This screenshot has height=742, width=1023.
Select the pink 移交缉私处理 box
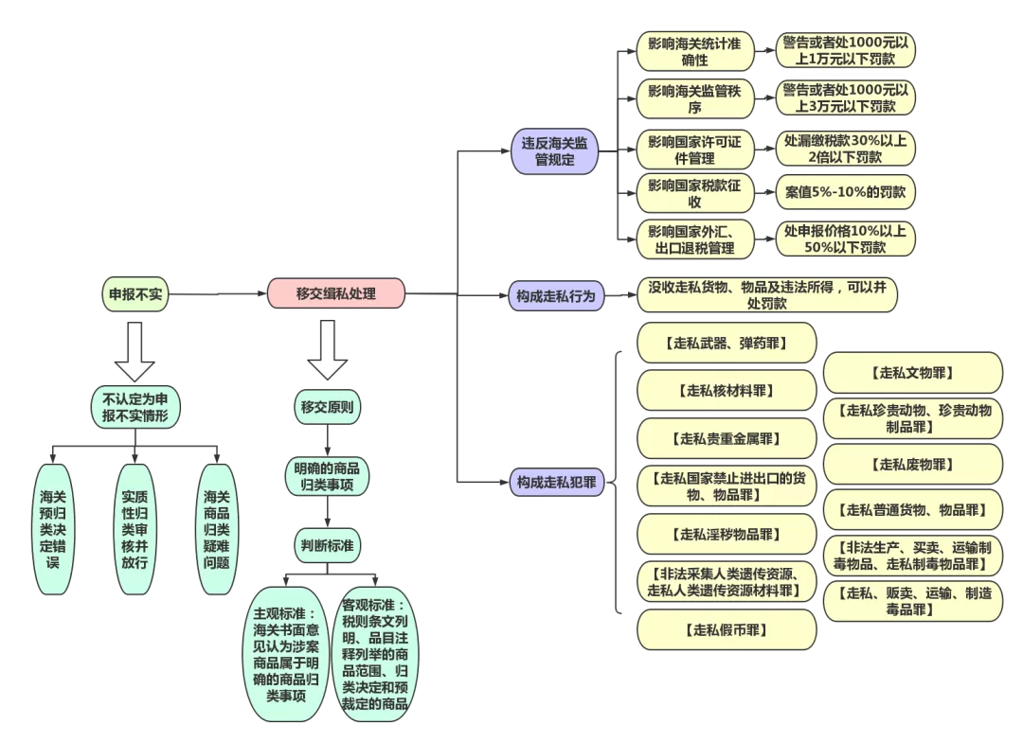click(336, 293)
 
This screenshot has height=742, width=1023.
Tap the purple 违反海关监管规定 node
click(555, 152)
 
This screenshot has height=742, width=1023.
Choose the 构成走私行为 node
click(555, 296)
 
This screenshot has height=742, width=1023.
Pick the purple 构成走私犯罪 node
click(556, 482)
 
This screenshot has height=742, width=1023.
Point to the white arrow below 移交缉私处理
click(329, 350)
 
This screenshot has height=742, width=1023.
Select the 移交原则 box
click(328, 408)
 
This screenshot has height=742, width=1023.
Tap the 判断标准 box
click(328, 545)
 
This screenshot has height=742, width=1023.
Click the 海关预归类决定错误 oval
click(54, 529)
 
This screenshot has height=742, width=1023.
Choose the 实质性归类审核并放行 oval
click(135, 529)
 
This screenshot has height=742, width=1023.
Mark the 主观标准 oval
click(286, 653)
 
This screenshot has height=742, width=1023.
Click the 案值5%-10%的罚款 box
click(845, 192)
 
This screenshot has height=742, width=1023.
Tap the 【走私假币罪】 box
click(726, 629)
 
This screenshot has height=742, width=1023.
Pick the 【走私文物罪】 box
click(912, 373)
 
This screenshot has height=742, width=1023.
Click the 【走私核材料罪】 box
click(726, 390)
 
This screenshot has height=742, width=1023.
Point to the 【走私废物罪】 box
click(912, 464)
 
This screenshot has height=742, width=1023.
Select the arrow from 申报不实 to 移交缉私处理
click(218, 294)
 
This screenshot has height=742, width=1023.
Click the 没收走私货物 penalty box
click(766, 294)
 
